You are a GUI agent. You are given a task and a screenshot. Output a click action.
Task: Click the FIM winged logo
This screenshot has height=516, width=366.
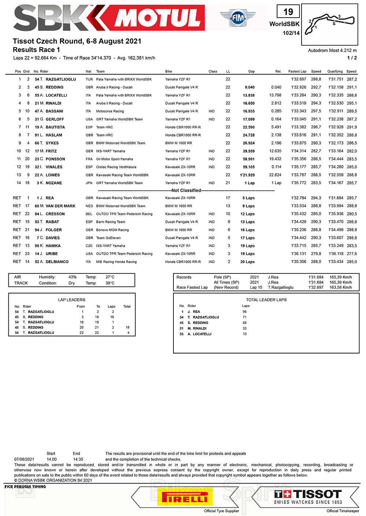pos(238,18)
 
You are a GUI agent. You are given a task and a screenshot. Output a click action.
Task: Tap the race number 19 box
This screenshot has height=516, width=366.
pos(288,12)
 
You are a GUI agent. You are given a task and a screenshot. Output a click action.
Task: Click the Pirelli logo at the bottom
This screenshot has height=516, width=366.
pos(184,498)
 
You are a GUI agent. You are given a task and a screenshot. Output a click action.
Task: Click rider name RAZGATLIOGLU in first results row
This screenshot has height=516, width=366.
pos(61,79)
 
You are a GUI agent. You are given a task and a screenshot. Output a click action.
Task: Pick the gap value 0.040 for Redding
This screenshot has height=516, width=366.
pos(250,87)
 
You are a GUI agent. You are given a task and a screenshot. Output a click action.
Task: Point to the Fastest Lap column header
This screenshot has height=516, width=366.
pos(297,71)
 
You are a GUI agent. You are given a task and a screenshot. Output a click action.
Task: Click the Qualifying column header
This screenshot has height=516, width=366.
pos(335,71)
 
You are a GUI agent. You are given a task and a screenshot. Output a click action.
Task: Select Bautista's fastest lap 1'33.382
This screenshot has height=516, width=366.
pos(299,127)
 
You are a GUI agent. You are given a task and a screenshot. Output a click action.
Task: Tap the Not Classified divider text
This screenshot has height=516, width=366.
pos(186,190)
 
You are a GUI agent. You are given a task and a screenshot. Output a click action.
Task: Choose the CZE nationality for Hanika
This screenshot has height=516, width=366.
pos(89,246)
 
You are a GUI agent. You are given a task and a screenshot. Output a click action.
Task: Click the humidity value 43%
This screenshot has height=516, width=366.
pos(72,277)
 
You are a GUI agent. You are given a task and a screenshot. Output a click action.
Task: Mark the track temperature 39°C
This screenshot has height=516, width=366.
pos(110,283)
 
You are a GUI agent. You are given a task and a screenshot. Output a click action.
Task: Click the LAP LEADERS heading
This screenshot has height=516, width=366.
pos(72,300)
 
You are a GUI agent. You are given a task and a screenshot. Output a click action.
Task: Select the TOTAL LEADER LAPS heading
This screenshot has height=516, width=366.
pos(266,300)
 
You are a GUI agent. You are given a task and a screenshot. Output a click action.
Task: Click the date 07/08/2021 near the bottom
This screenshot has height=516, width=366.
pos(24,459)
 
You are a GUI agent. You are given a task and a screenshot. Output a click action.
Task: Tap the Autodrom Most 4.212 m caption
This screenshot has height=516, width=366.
pos(332,51)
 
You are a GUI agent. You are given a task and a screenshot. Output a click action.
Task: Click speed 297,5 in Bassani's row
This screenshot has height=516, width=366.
pos(316,111)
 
